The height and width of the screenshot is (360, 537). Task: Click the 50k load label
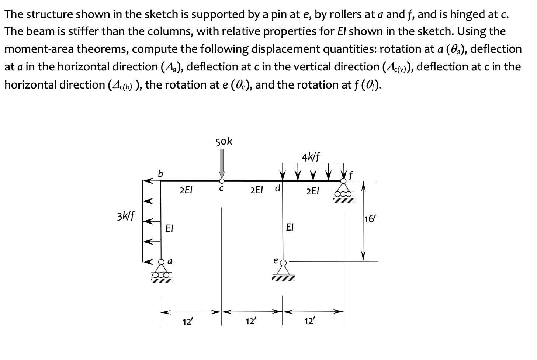click(224, 141)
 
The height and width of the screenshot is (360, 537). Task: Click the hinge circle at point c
click(222, 181)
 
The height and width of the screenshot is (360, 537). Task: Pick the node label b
click(160, 173)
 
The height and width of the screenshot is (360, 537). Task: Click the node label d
click(278, 188)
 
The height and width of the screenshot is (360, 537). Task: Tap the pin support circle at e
click(283, 263)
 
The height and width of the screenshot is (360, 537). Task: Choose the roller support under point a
click(161, 273)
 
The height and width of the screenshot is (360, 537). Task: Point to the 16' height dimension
click(369, 219)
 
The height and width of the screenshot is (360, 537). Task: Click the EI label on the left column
click(169, 228)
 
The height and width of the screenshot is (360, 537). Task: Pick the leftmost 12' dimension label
click(187, 321)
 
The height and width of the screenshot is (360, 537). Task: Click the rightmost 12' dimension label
click(309, 321)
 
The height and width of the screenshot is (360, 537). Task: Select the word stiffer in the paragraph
click(79, 31)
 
